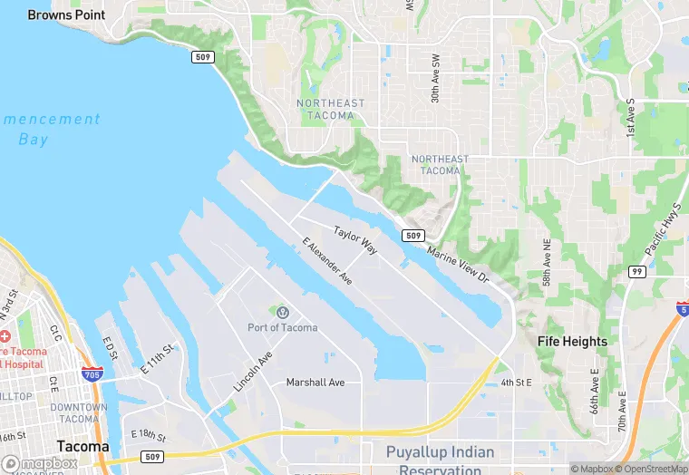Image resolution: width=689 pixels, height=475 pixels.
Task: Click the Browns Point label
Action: tap(66, 15)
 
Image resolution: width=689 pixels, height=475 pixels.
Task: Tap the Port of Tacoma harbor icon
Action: tap(281, 312)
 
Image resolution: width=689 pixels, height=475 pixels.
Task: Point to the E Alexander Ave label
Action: tap(326, 263)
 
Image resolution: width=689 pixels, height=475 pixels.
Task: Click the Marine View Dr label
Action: tap(457, 264)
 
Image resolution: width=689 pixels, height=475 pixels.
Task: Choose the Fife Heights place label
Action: tap(572, 342)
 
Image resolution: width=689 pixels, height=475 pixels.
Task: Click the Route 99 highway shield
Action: tap(637, 272)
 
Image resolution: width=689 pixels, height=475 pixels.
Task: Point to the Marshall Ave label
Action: tap(315, 383)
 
